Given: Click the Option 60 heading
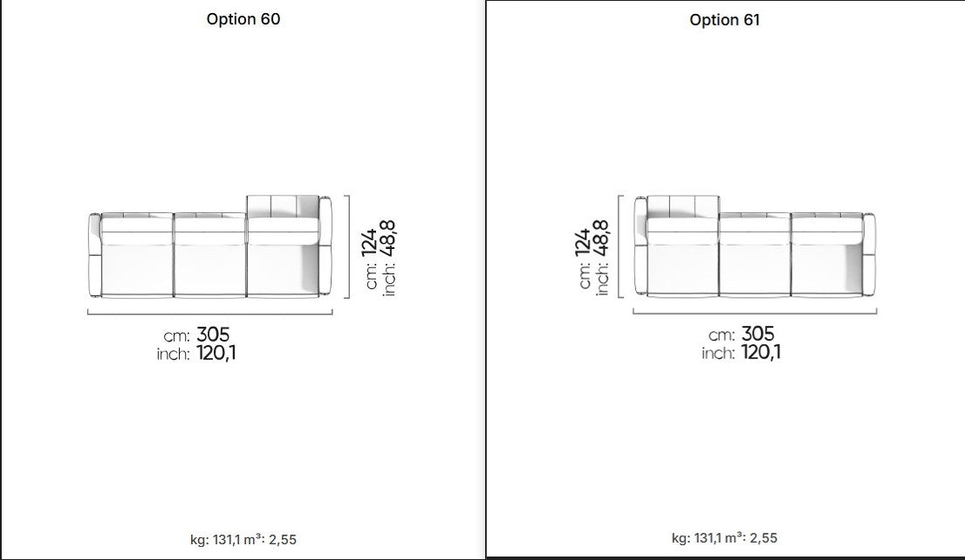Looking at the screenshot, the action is tap(243, 19).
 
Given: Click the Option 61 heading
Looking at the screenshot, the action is tap(724, 20).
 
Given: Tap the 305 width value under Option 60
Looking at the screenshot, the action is tap(213, 335).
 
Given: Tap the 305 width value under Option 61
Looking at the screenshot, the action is tap(757, 334).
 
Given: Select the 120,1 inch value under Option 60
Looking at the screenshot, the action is tap(216, 353).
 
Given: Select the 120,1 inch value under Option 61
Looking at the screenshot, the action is tap(761, 352).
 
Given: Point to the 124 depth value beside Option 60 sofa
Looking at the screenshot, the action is tap(369, 242).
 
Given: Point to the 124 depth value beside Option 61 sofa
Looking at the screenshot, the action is tap(583, 242).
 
